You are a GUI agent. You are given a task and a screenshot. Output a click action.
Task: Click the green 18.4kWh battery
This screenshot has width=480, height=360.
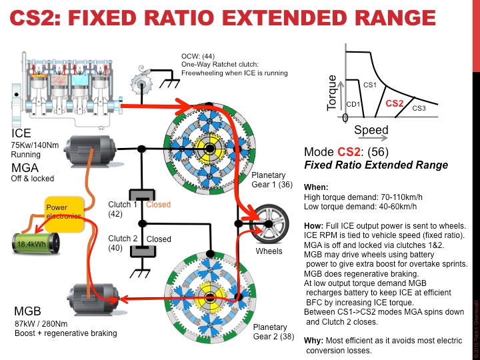point(33,243)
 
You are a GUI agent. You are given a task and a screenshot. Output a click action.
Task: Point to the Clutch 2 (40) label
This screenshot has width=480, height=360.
point(122,243)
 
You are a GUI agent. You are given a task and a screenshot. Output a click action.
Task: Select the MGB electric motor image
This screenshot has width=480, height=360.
point(93,296)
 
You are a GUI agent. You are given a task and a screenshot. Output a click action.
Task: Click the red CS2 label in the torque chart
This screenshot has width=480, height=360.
point(395,103)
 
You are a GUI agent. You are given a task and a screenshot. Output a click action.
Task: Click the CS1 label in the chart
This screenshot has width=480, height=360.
point(370,85)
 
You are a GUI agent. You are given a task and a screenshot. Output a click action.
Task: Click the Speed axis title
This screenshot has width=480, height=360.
point(371,129)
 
